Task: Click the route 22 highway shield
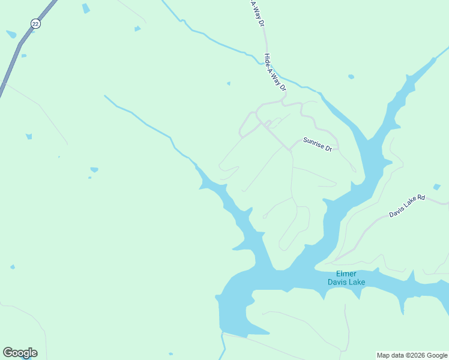[35, 23]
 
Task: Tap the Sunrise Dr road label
[318, 144]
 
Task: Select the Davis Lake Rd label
[406, 205]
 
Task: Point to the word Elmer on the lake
[346, 274]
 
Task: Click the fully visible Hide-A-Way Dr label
[276, 72]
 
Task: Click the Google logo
[20, 353]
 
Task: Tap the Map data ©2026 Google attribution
[412, 355]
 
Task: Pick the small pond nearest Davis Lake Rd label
[436, 187]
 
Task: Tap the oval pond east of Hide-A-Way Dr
[351, 77]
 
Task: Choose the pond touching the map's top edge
[86, 8]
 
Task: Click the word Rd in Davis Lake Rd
[421, 198]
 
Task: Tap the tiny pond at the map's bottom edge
[171, 354]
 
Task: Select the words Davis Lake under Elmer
[346, 282]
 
